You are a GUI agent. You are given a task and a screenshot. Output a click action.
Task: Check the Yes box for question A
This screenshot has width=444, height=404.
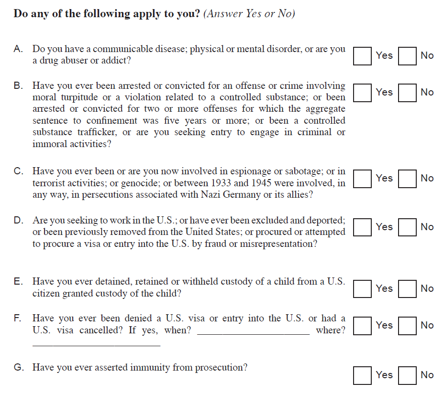tap(363, 55)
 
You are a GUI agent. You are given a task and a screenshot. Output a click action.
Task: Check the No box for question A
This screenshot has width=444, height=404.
tap(408, 55)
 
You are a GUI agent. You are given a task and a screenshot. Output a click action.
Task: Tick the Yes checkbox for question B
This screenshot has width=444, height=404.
tap(363, 92)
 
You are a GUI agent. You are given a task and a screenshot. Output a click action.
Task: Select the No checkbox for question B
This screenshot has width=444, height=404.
tap(408, 92)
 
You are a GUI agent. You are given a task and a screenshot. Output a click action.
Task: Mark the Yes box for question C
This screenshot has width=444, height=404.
tap(363, 178)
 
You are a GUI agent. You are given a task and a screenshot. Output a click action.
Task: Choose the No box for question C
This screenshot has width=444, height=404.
tap(408, 178)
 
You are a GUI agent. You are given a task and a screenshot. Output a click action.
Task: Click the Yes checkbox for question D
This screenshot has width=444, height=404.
tap(363, 227)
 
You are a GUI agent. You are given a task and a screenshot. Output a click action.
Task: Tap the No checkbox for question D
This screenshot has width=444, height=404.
tap(408, 227)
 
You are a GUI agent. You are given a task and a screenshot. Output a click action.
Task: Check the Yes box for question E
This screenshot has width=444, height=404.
tap(363, 288)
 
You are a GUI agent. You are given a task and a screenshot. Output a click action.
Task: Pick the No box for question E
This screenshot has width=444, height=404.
tap(408, 288)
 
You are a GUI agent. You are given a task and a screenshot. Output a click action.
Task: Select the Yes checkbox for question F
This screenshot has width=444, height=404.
tap(363, 325)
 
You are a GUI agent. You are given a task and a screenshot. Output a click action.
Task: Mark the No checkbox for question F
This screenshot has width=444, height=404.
tap(408, 325)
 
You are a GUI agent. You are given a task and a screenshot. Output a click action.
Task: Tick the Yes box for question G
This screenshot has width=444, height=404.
tap(363, 375)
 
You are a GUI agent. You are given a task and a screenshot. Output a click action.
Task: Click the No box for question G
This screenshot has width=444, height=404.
tap(408, 375)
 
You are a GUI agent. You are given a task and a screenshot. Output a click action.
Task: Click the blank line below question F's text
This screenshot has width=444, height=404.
tap(96, 343)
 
